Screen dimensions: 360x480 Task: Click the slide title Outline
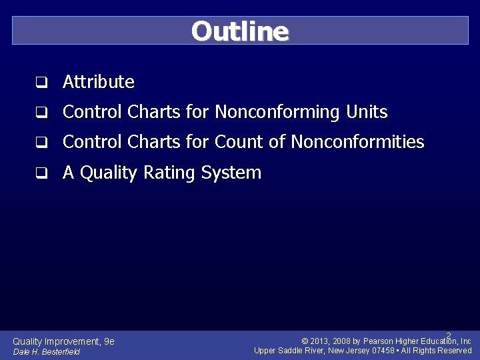point(240,31)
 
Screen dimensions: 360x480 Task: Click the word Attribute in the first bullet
point(99,82)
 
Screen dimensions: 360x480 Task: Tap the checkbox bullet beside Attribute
point(41,83)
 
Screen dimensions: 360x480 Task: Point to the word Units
point(367,112)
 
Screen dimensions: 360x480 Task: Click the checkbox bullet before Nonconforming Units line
point(41,113)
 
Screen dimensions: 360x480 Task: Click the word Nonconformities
point(357,142)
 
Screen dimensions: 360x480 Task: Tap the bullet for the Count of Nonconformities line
point(41,143)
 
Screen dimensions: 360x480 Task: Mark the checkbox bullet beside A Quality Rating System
point(41,173)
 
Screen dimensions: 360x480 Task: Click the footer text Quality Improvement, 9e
point(64,341)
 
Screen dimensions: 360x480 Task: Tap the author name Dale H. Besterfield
point(47,351)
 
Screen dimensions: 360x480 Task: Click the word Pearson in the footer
point(379,341)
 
